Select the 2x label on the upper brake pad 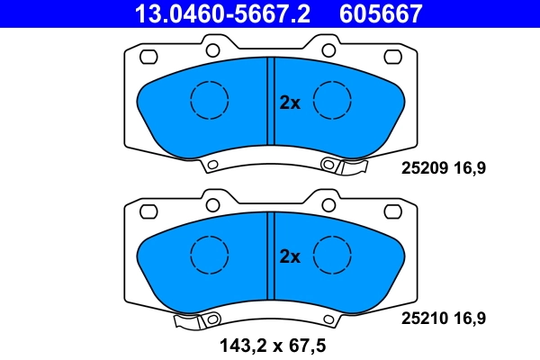pos(289,103)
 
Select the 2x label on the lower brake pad pos(289,256)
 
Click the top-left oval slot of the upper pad pos(147,57)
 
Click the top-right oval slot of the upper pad pos(393,57)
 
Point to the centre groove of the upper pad pos(270,99)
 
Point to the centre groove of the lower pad pos(270,254)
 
